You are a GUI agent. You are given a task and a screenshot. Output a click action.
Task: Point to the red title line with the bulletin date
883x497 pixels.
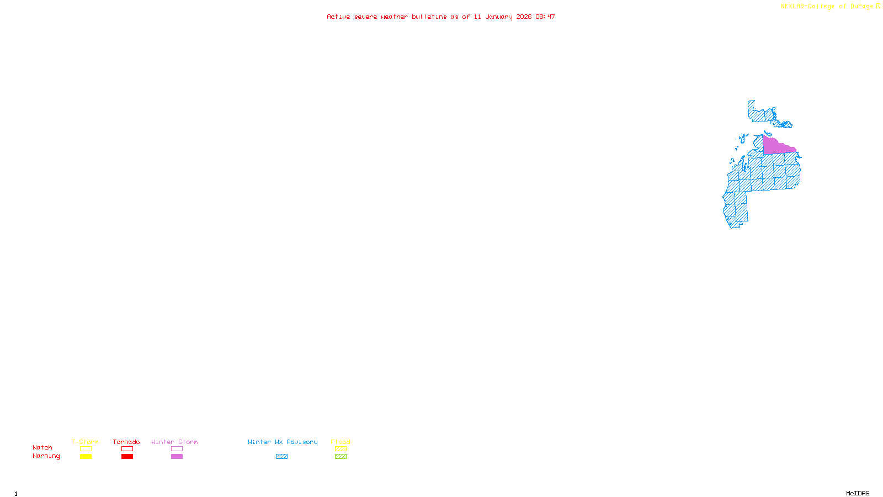pos(440,17)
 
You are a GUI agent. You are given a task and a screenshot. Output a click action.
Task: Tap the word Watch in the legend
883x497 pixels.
pos(42,448)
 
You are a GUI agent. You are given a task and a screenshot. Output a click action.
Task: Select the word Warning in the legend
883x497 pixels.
pos(46,456)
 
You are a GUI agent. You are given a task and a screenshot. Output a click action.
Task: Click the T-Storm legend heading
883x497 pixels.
pos(85,442)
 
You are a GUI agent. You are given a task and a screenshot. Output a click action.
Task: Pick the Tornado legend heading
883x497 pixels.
pos(126,442)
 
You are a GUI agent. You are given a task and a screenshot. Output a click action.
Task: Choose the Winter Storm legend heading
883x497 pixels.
pos(174,442)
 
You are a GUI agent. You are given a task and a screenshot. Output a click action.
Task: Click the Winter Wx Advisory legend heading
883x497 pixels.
pos(283,442)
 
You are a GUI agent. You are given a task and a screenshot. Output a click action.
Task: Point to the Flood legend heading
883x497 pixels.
pos(341,442)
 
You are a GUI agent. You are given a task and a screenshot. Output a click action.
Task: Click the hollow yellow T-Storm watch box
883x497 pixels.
pos(86,449)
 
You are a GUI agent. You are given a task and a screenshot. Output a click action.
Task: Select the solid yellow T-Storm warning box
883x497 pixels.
pos(86,457)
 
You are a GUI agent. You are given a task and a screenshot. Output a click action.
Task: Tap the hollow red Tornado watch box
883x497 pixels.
pos(127,449)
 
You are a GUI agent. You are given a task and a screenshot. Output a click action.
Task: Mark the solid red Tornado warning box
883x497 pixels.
pos(127,457)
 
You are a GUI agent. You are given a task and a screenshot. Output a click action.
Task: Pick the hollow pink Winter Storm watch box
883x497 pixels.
pos(177,449)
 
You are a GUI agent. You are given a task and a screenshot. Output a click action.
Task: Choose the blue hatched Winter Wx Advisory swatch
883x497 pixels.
pos(281,457)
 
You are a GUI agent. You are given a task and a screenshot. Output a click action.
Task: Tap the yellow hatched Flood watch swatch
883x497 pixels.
pos(341,449)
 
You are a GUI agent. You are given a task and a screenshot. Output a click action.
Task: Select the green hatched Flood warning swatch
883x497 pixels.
pos(341,457)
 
